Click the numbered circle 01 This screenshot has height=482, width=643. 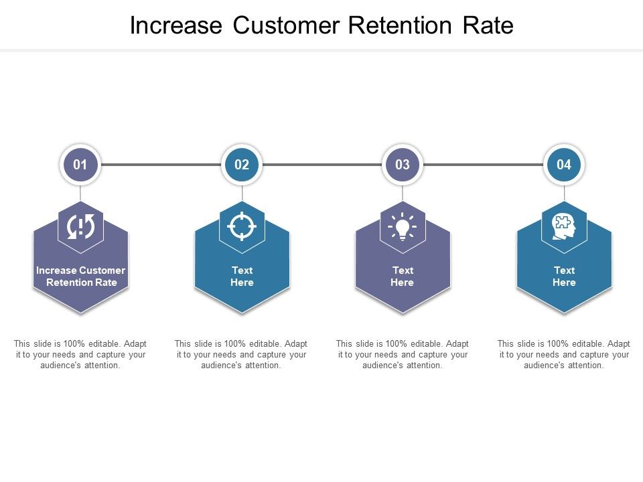[x=80, y=165]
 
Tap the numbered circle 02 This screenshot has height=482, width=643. [x=242, y=165]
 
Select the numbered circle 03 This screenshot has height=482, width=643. [x=403, y=165]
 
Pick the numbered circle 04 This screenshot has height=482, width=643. [x=564, y=165]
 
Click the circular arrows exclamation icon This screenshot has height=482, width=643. [x=80, y=227]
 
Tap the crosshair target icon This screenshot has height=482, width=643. [x=242, y=226]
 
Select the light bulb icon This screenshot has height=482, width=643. [x=403, y=227]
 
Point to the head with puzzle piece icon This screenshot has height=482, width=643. [x=564, y=227]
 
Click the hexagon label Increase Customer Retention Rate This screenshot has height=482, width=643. [x=80, y=276]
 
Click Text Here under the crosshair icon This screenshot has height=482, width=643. [x=242, y=276]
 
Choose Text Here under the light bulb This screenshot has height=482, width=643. [x=403, y=276]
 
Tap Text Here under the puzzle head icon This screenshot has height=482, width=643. [x=564, y=276]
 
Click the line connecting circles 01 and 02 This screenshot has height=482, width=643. [x=161, y=165]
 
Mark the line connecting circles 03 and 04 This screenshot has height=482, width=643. [x=483, y=165]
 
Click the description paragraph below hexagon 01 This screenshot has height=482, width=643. [x=80, y=354]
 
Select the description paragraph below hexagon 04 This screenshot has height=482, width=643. [x=564, y=354]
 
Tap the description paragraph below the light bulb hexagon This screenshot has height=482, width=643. [x=403, y=354]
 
